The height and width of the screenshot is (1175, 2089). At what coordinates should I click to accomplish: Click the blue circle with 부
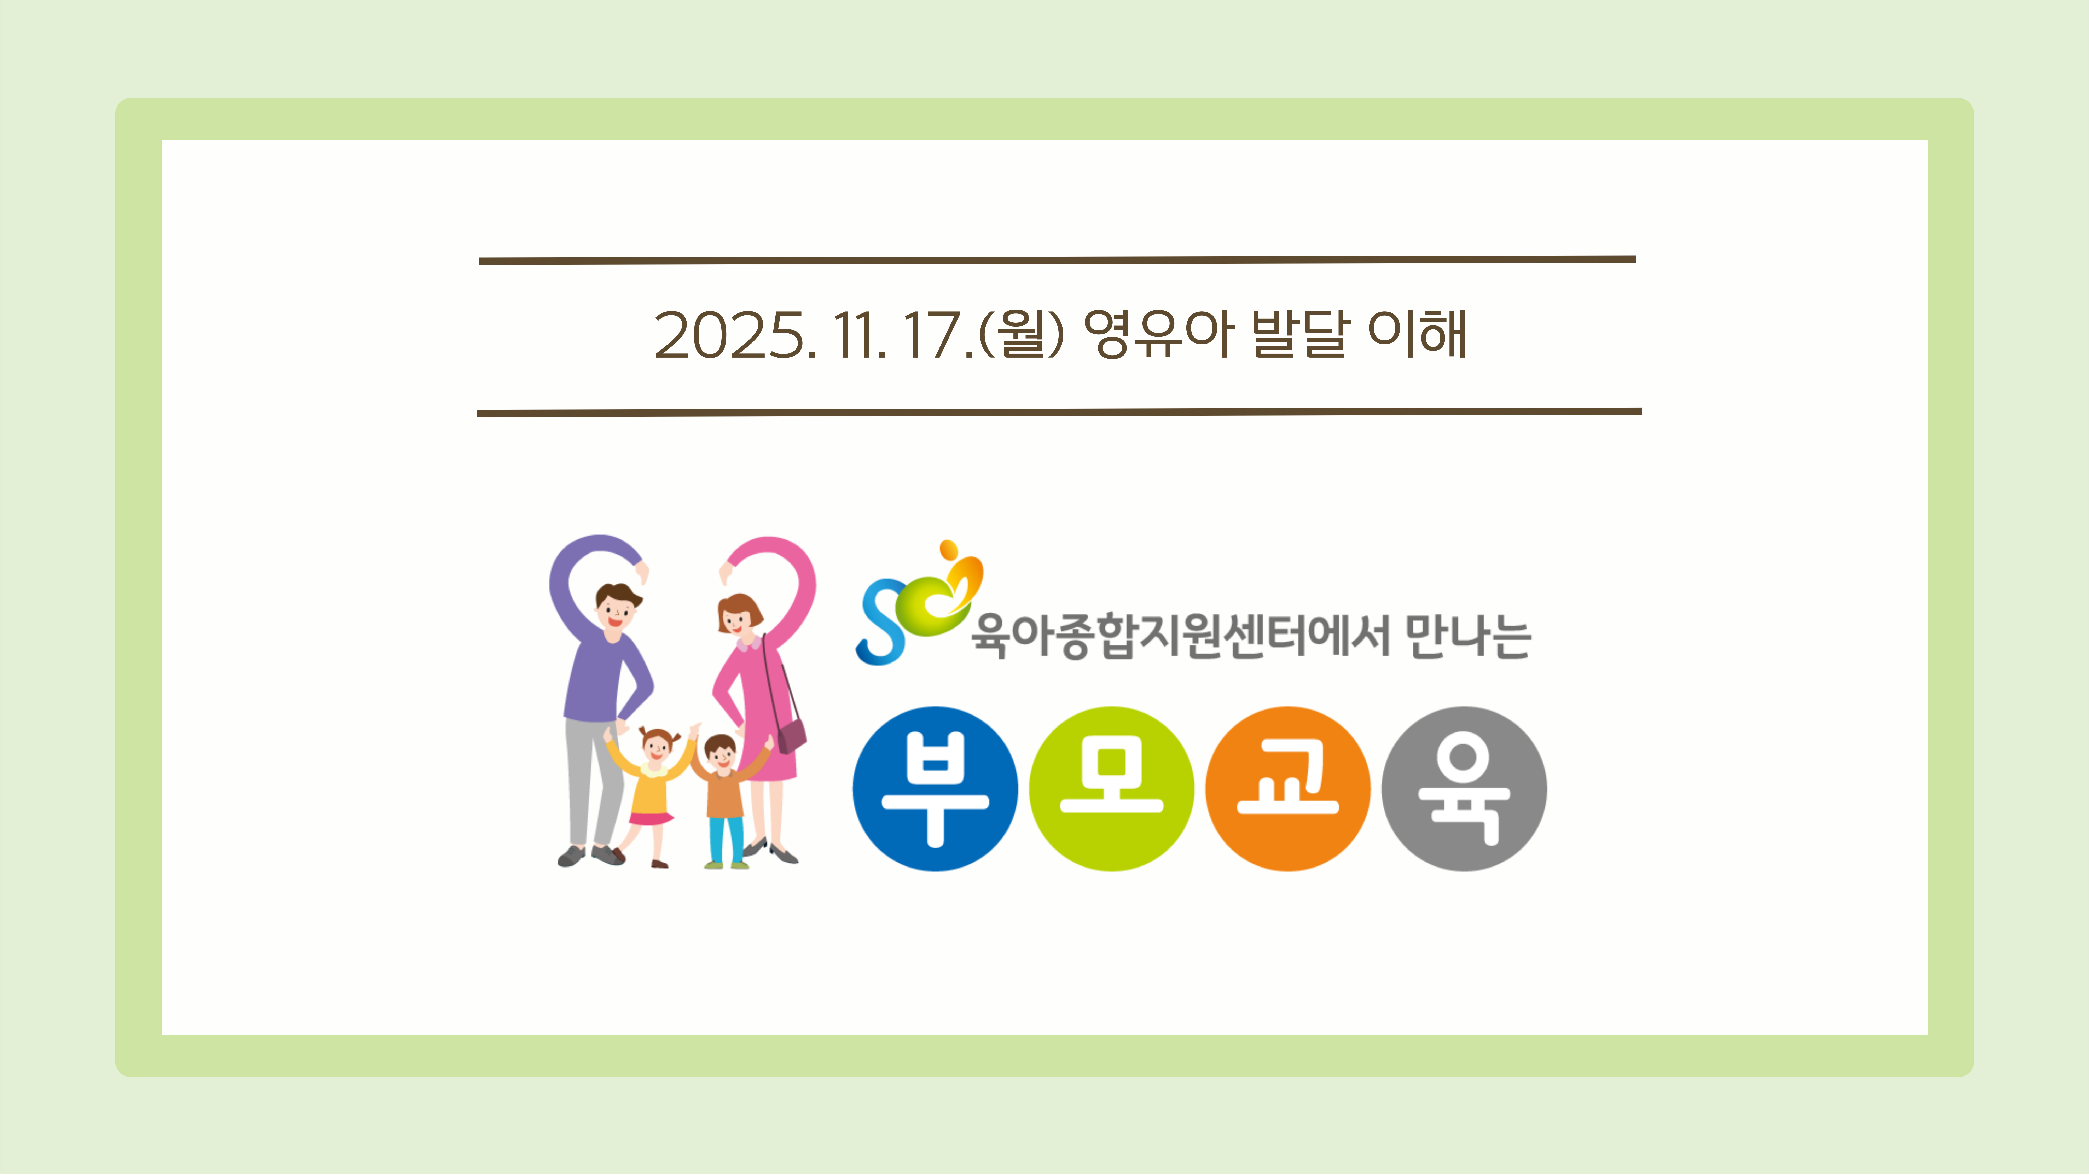(x=935, y=789)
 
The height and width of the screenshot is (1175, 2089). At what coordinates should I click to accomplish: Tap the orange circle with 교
(x=1288, y=789)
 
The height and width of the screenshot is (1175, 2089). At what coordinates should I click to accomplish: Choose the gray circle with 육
(x=1465, y=789)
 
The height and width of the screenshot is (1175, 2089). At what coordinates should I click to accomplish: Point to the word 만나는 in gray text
(x=1468, y=637)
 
